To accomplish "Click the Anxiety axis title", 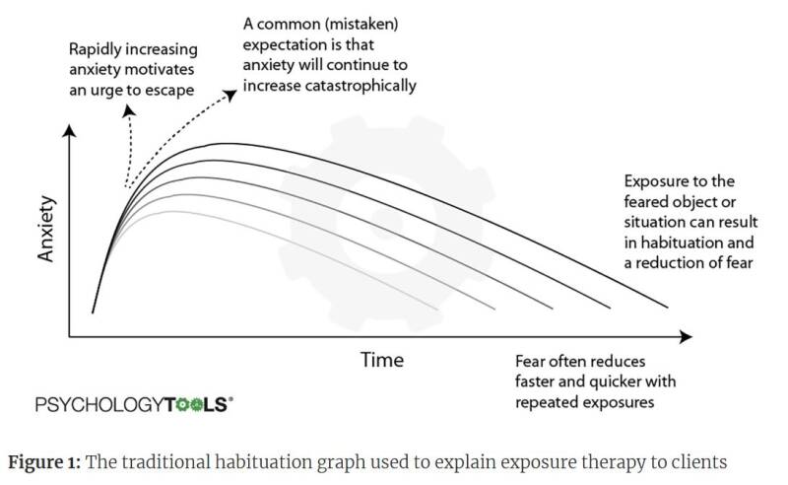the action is coord(45,229).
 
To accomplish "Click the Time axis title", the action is coord(382,360).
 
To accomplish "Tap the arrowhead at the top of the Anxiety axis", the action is coord(69,131).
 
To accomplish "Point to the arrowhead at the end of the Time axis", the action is coord(686,336).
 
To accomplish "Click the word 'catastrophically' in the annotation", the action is coord(361,86).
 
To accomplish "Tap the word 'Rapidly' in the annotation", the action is coord(95,50).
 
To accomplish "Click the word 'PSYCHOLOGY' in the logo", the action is coord(99,404).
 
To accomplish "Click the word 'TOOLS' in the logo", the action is coord(196,404).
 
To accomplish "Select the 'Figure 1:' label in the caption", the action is coord(44,462).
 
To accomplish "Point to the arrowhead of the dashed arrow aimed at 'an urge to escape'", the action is coord(129,110).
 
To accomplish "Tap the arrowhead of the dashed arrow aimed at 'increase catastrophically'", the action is coord(230,95).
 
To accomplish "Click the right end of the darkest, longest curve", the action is coord(668,307).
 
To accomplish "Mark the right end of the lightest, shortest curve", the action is coord(437,309).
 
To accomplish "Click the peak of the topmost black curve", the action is coord(221,144).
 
